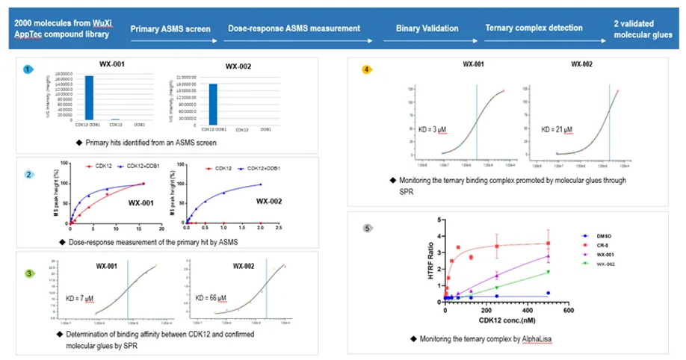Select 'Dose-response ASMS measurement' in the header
pos(300,28)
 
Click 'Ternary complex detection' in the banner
pos(534,28)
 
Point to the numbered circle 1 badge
pos(28,69)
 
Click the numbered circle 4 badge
pos(366,69)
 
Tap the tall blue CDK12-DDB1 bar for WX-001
pos(89,97)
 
